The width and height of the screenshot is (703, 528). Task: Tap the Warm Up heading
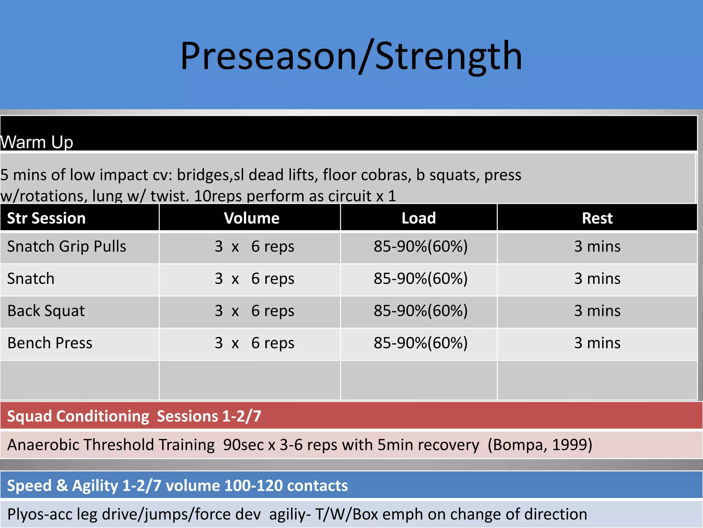pyautogui.click(x=36, y=142)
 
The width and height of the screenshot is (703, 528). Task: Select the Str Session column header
pyautogui.click(x=46, y=218)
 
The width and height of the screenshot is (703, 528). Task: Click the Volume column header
pyautogui.click(x=251, y=218)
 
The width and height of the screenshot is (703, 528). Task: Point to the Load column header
pyautogui.click(x=418, y=218)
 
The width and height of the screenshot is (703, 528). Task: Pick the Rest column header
pyautogui.click(x=597, y=218)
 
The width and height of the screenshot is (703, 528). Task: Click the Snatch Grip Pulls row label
pyautogui.click(x=67, y=246)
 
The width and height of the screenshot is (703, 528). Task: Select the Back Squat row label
pyautogui.click(x=46, y=311)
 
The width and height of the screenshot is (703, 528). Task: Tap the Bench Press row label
pyautogui.click(x=50, y=343)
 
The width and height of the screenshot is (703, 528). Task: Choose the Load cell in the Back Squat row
pyautogui.click(x=420, y=311)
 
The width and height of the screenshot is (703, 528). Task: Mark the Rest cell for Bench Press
pyautogui.click(x=597, y=343)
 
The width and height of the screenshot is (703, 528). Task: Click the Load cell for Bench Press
pyautogui.click(x=420, y=343)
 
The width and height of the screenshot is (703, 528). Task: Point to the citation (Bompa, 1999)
pyautogui.click(x=540, y=445)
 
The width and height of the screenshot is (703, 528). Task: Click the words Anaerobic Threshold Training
pyautogui.click(x=111, y=445)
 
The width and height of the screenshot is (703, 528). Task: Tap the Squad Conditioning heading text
pyautogui.click(x=78, y=416)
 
